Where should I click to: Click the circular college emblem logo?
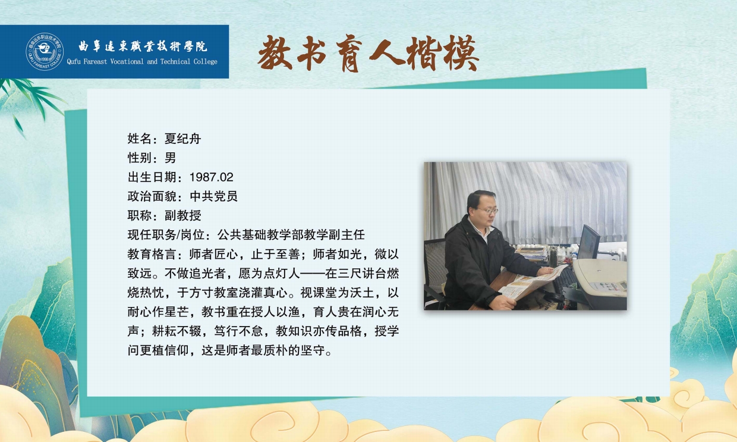pos(45,51)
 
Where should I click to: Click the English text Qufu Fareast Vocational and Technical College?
pos(142,62)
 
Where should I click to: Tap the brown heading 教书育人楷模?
pos(368,54)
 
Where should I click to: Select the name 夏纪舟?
pos(182,139)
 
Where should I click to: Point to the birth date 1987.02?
pos(211,177)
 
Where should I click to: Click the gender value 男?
pos(170,158)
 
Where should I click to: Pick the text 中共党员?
pos(213,196)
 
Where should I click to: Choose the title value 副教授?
pos(182,215)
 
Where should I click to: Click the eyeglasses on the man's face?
pos(488,211)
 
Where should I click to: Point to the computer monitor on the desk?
pos(589,243)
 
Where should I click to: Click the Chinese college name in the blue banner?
pos(143,46)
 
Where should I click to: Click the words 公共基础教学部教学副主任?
pos(291,235)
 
